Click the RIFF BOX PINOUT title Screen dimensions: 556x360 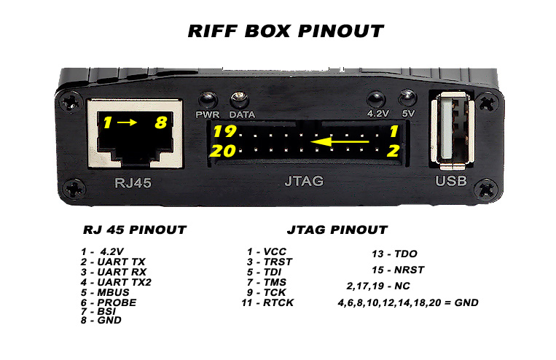(x=286, y=31)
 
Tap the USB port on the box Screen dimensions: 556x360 (x=453, y=129)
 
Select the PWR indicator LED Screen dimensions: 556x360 (x=208, y=100)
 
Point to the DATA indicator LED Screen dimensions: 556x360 (x=240, y=101)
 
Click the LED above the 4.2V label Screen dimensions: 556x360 (x=376, y=99)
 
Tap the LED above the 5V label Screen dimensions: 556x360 (x=408, y=98)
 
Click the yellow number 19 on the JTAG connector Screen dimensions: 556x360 (x=224, y=131)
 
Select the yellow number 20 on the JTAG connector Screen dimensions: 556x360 (x=223, y=151)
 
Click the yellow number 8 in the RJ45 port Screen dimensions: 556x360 (x=160, y=122)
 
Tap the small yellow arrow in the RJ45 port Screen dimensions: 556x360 (x=127, y=122)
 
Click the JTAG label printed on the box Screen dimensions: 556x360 (x=305, y=181)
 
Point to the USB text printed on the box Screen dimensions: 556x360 (x=451, y=181)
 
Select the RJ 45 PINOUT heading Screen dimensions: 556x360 (x=135, y=230)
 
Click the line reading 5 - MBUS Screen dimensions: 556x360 (x=105, y=292)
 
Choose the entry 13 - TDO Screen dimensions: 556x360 (x=394, y=254)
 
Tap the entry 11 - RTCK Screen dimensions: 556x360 (x=267, y=302)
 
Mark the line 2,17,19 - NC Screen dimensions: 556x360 (x=378, y=286)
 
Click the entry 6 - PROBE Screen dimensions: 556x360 (x=109, y=302)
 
